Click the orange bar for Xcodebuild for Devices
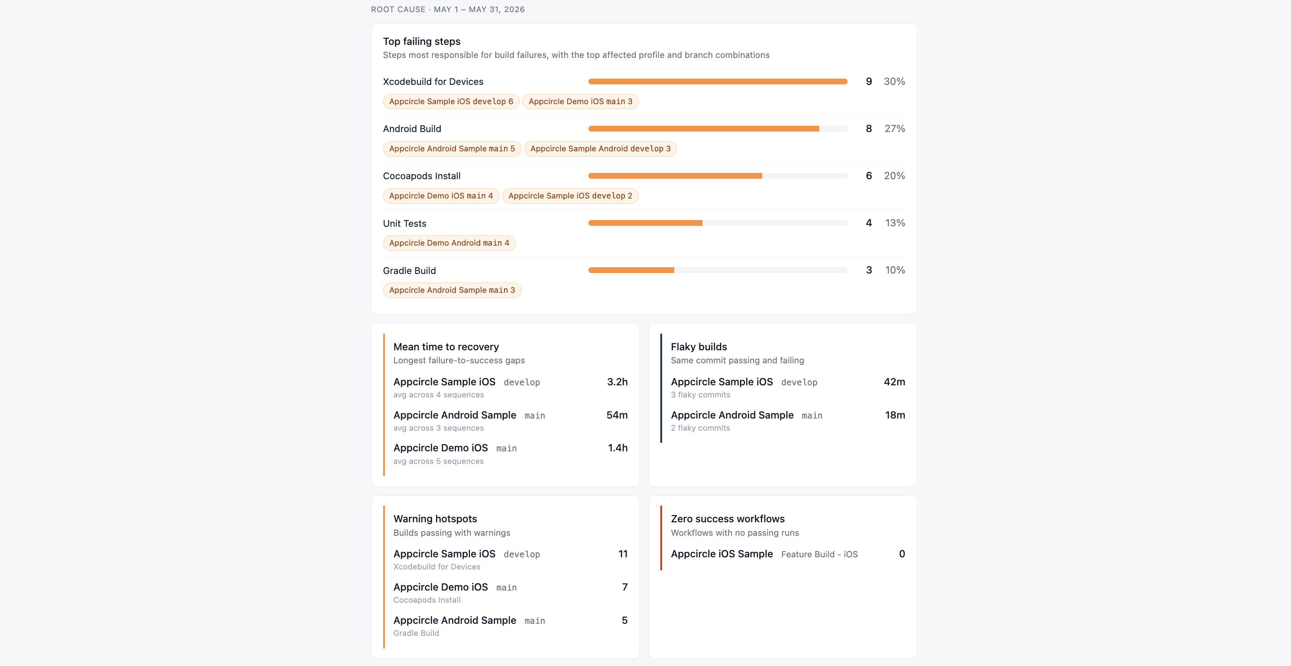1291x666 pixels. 718,81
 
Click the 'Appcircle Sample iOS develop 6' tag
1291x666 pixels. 451,101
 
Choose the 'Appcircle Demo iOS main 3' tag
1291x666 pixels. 580,101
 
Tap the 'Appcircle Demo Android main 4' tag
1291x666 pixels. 449,243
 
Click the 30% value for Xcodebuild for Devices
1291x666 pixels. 894,81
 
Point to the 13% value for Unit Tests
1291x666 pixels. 894,223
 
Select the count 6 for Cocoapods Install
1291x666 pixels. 868,176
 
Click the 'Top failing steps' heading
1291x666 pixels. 421,42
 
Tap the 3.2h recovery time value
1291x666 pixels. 617,382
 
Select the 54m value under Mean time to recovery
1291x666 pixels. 617,415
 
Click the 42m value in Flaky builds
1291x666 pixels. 894,382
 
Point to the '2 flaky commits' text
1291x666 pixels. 700,428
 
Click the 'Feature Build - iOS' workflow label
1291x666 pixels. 819,554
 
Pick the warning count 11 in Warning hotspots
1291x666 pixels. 623,554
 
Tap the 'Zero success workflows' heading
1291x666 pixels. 728,519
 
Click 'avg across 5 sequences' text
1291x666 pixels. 438,461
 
